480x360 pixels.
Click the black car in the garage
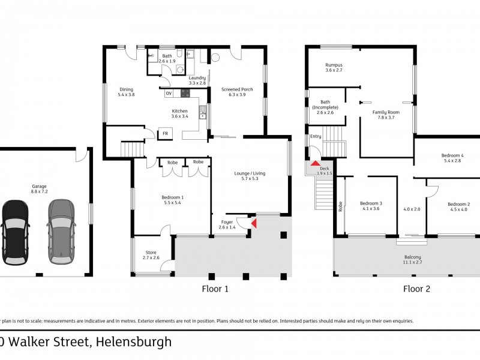point(15,231)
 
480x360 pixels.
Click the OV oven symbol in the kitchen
point(169,94)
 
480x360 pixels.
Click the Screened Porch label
point(237,92)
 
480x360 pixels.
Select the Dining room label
point(126,92)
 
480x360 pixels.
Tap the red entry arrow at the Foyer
point(253,224)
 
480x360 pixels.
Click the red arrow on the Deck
point(315,163)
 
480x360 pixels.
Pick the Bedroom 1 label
point(173,200)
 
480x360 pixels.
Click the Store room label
point(151,256)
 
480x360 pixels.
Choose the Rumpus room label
point(334,67)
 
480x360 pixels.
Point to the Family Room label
point(386,115)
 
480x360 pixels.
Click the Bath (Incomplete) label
point(325,107)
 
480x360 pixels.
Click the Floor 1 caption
point(215,289)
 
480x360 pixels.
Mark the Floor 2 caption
point(416,289)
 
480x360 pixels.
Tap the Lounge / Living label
point(249,176)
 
